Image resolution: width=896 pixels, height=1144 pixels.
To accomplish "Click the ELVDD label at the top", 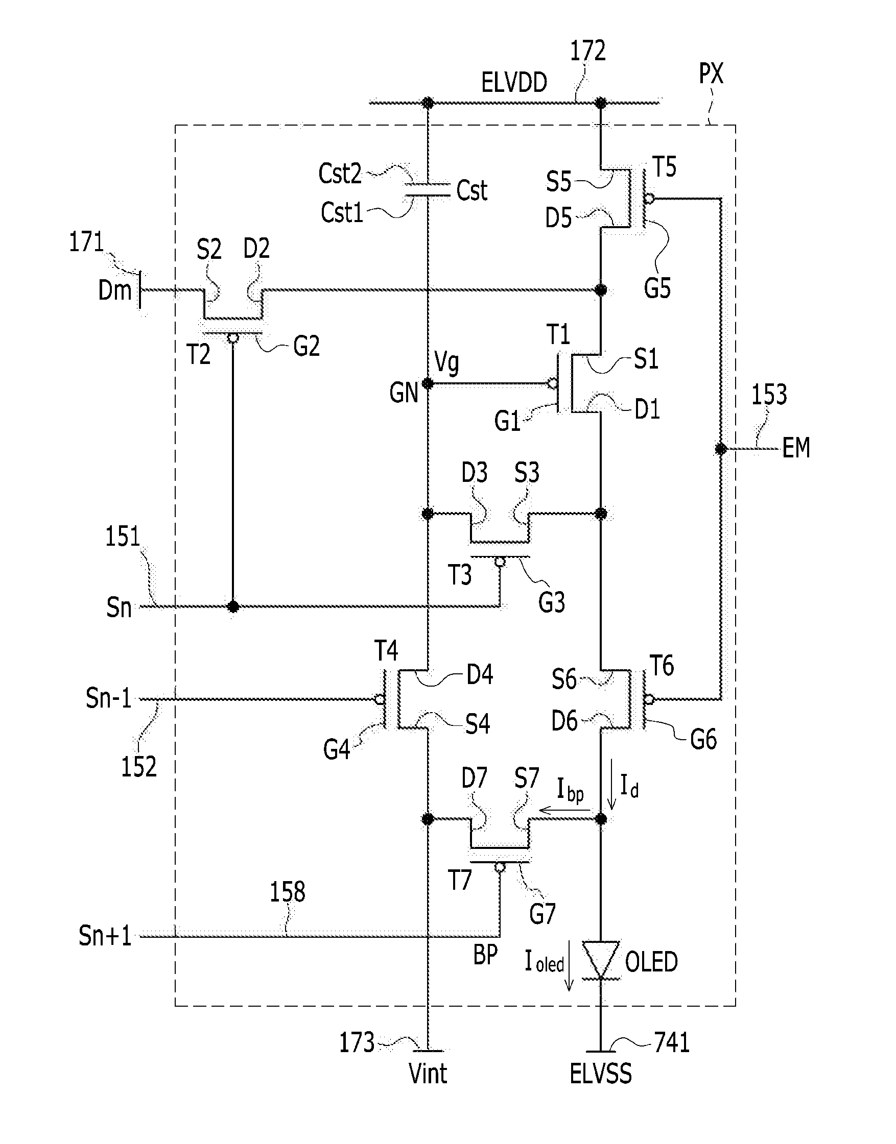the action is pyautogui.click(x=514, y=83).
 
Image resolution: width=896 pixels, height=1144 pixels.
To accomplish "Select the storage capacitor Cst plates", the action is pyautogui.click(x=428, y=190).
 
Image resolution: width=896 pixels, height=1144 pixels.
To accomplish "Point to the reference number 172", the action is pyautogui.click(x=587, y=52).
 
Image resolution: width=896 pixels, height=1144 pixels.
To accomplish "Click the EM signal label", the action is pyautogui.click(x=796, y=448).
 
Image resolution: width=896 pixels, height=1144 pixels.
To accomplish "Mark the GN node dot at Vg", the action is pyautogui.click(x=428, y=384).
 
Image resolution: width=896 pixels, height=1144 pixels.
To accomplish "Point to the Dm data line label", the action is pyautogui.click(x=115, y=290).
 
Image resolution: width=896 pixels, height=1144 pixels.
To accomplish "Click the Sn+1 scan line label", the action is pyautogui.click(x=105, y=936).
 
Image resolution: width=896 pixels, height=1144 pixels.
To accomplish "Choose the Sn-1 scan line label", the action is pyautogui.click(x=109, y=699).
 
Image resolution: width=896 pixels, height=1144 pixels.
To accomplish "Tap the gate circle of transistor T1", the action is pyautogui.click(x=552, y=384).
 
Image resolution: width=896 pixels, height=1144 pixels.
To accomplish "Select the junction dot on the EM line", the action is pyautogui.click(x=721, y=449).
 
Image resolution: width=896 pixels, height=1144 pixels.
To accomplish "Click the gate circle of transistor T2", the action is pyautogui.click(x=233, y=338).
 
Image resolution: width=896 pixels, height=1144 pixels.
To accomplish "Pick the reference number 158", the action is pyautogui.click(x=288, y=892).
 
